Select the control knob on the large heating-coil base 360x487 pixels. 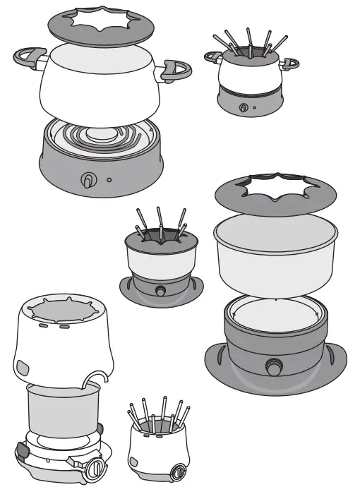click(x=87, y=181)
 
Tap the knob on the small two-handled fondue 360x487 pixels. click(x=244, y=107)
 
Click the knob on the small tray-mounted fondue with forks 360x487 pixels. click(x=162, y=291)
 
